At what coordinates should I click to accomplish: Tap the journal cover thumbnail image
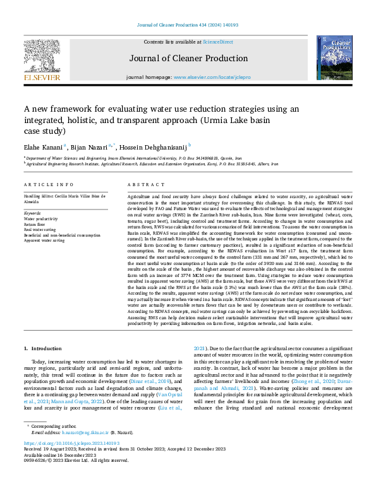point(334,57)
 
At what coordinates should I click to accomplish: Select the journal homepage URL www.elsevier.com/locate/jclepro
point(212,77)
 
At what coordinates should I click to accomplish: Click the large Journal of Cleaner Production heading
point(188,59)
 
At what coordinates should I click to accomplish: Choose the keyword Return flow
point(35,224)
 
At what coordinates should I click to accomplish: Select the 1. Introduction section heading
point(43,348)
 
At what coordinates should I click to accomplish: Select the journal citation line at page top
point(188,25)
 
